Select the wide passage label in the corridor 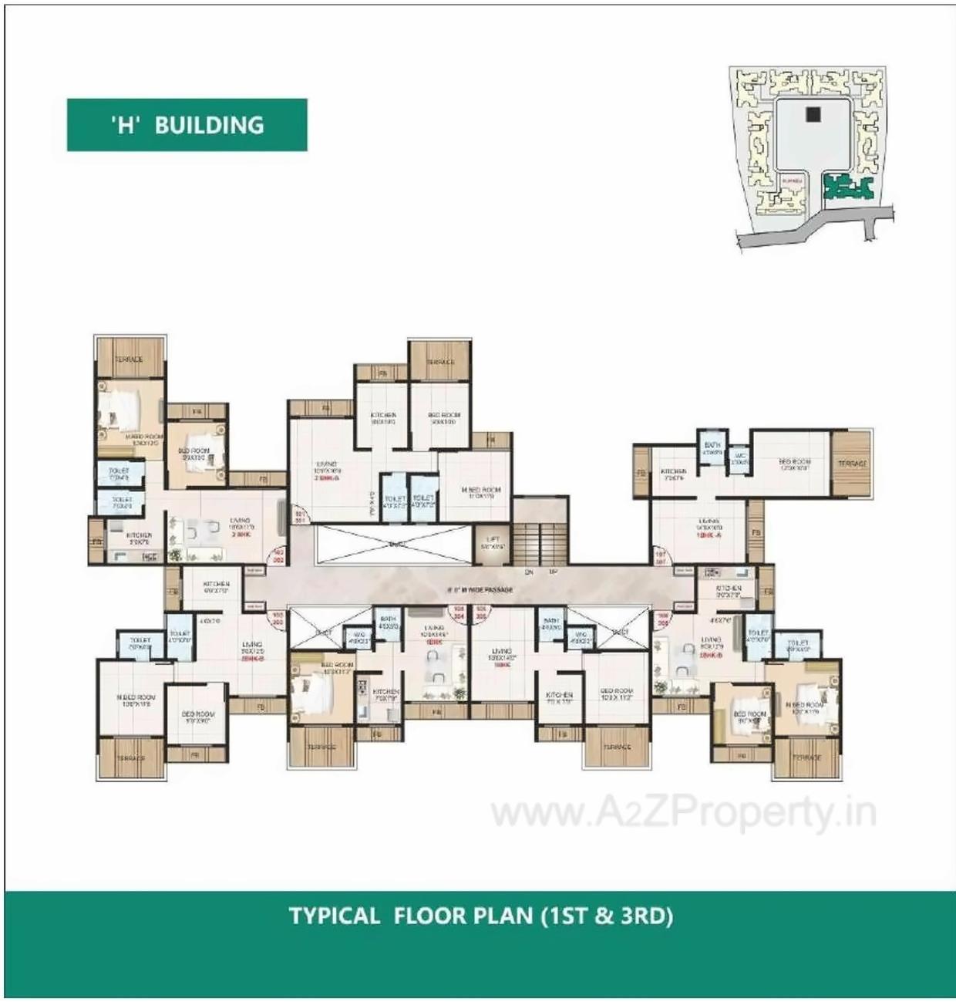coord(480,590)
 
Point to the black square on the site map coord(812,114)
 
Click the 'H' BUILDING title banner coord(187,125)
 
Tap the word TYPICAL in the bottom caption coord(335,916)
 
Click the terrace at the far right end coord(851,464)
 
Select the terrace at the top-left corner coord(129,359)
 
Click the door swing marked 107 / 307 coord(661,558)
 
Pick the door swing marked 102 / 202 coord(278,557)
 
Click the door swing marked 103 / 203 coord(278,617)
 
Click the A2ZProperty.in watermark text coord(684,812)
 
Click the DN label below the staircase coord(529,572)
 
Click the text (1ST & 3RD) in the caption coord(608,916)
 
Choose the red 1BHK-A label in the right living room coord(708,534)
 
